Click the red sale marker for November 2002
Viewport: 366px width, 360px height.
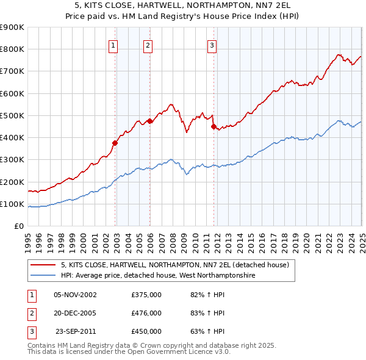pos(115,143)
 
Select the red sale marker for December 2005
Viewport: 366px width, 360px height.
pos(149,121)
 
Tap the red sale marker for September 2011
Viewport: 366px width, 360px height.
pos(213,127)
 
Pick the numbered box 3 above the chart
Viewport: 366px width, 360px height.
pos(212,45)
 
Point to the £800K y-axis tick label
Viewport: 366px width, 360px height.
pos(13,49)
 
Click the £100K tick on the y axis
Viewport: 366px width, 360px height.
pos(13,204)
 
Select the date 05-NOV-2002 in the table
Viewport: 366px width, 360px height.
pos(76,295)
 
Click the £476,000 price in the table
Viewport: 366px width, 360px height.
pos(146,313)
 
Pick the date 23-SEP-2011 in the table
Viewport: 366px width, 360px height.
pos(76,331)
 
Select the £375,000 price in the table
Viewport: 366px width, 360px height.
pos(146,295)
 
